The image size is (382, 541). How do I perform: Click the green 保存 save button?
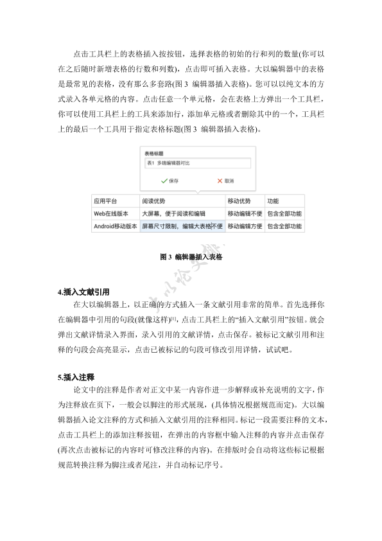(169, 181)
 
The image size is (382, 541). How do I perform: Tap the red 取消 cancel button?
(225, 181)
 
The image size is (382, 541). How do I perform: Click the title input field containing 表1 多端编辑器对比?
(198, 164)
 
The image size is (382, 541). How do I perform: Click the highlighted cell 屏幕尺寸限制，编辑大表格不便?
(182, 226)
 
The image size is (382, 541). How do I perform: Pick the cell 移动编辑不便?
(245, 213)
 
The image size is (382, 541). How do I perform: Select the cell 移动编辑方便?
(245, 226)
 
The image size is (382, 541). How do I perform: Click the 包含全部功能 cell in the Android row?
(284, 226)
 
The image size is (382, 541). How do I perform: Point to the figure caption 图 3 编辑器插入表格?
(191, 257)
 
